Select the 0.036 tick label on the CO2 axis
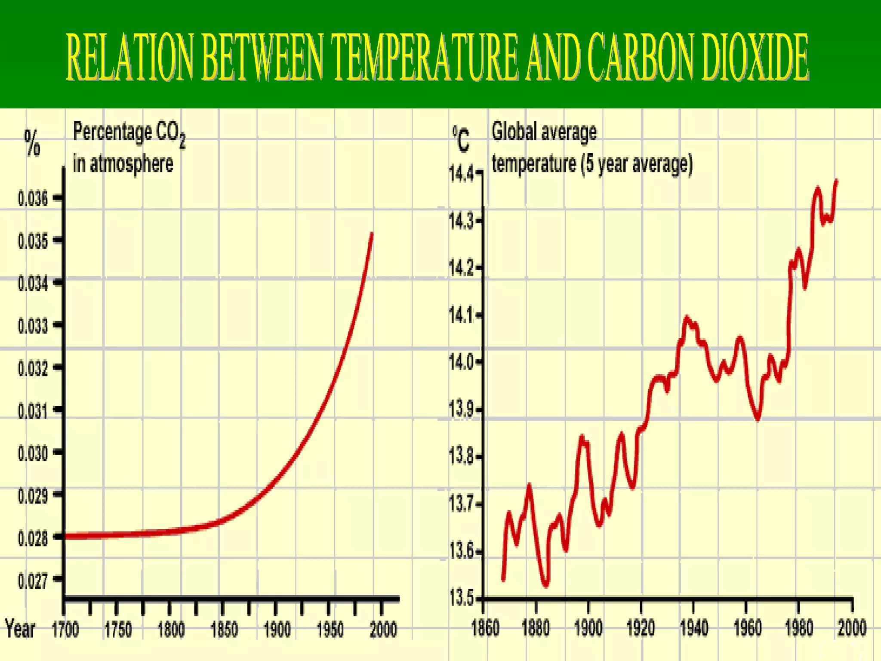pos(33,199)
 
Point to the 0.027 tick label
pos(33,581)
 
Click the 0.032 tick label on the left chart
pos(33,368)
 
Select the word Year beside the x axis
pos(20,629)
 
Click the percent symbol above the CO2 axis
pos(32,143)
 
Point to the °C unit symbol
pos(461,139)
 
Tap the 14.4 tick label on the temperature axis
pos(461,174)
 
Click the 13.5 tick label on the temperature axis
pos(461,598)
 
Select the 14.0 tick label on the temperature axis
pos(461,362)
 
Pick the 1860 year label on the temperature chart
pos(485,628)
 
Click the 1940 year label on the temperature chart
pos(694,628)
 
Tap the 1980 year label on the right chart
pos(799,628)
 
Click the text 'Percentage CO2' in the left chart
pos(129,133)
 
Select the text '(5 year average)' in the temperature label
pos(637,164)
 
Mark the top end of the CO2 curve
pos(372,234)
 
